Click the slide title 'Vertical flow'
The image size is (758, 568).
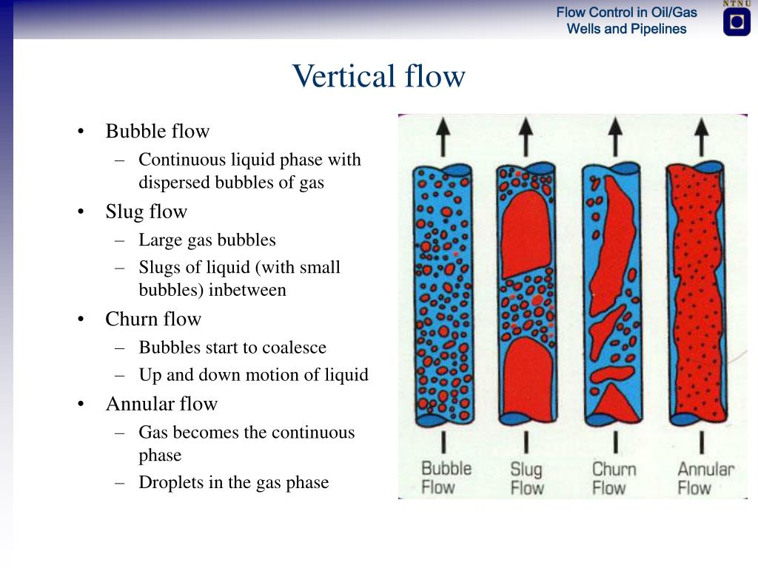(378, 76)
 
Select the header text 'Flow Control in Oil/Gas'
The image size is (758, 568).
(626, 13)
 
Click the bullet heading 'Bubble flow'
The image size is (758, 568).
(157, 131)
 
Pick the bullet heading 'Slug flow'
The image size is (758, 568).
(146, 212)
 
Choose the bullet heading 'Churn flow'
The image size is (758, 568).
(153, 319)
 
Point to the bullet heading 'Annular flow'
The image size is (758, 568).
(161, 404)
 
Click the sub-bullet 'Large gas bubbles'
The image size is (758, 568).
(207, 240)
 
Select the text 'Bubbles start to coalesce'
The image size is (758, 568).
(232, 348)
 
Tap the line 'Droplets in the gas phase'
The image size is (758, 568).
(233, 483)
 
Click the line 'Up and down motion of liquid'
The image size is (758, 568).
(253, 375)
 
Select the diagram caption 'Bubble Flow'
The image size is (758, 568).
(446, 478)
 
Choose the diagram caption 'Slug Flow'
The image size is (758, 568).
(526, 479)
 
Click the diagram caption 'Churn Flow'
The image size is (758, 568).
(614, 478)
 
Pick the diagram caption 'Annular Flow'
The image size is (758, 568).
(705, 478)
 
